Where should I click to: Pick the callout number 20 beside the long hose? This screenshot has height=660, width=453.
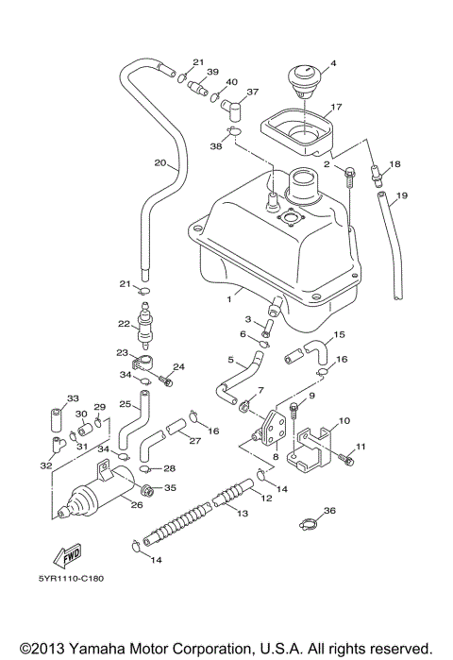pyautogui.click(x=160, y=161)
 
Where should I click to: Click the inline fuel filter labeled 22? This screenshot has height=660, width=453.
pyautogui.click(x=145, y=330)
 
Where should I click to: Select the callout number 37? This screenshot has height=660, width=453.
pyautogui.click(x=252, y=93)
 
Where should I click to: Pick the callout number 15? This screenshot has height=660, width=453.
pyautogui.click(x=340, y=334)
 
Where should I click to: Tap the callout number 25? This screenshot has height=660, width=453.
pyautogui.click(x=124, y=403)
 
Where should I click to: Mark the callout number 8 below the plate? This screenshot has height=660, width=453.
pyautogui.click(x=275, y=457)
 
